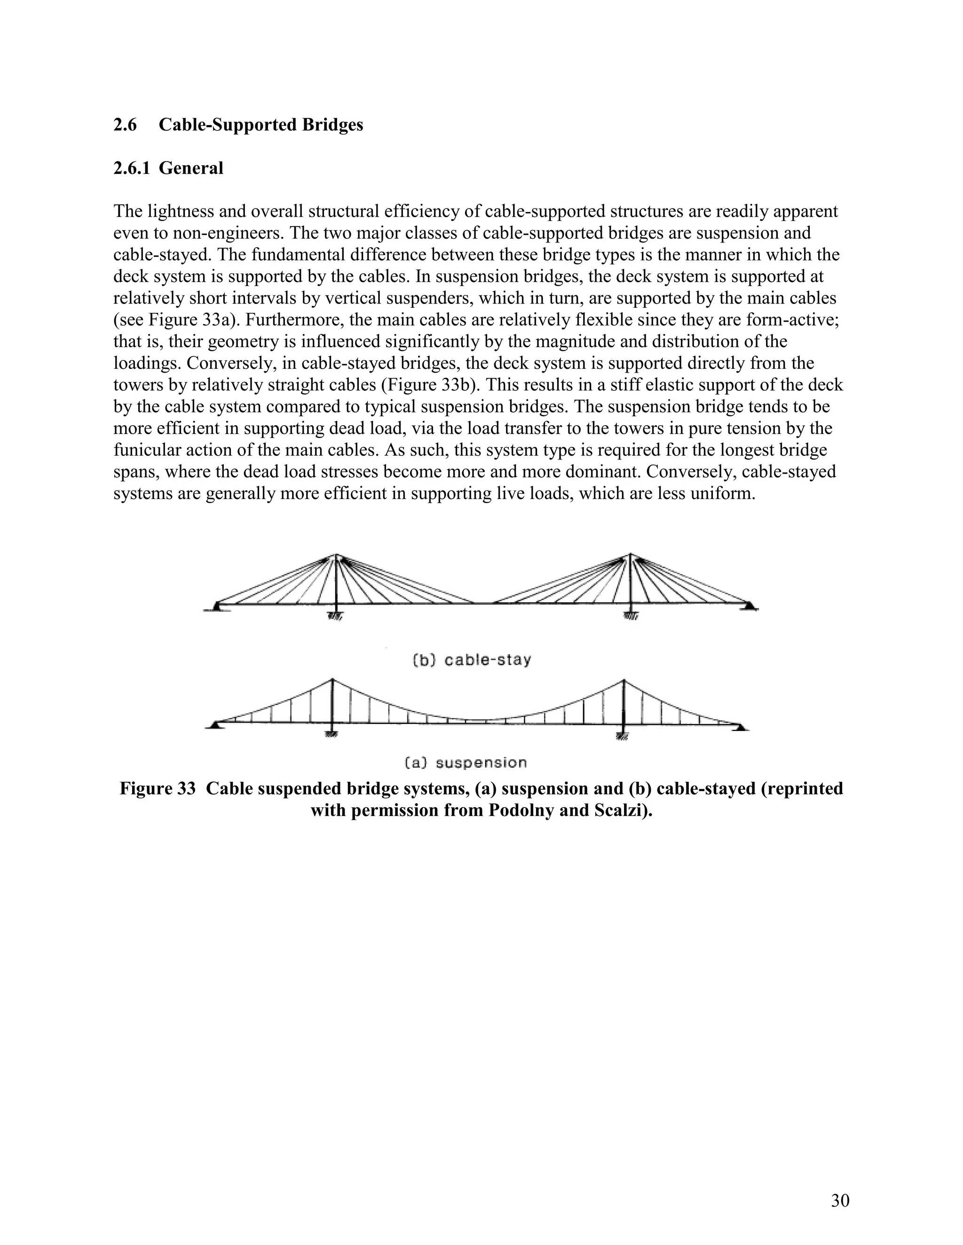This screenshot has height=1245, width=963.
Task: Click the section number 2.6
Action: [125, 125]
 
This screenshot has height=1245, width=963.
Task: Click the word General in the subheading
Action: [190, 168]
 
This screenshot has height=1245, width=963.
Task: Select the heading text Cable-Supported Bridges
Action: [260, 125]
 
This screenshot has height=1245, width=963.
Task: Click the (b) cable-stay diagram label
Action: [471, 660]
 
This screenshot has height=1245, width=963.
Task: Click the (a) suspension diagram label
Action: [466, 762]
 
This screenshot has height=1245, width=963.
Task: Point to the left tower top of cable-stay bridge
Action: [337, 555]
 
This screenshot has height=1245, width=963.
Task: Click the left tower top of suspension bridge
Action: [332, 680]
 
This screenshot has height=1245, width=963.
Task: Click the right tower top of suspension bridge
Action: [624, 681]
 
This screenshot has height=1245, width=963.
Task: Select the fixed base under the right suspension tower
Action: [623, 737]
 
